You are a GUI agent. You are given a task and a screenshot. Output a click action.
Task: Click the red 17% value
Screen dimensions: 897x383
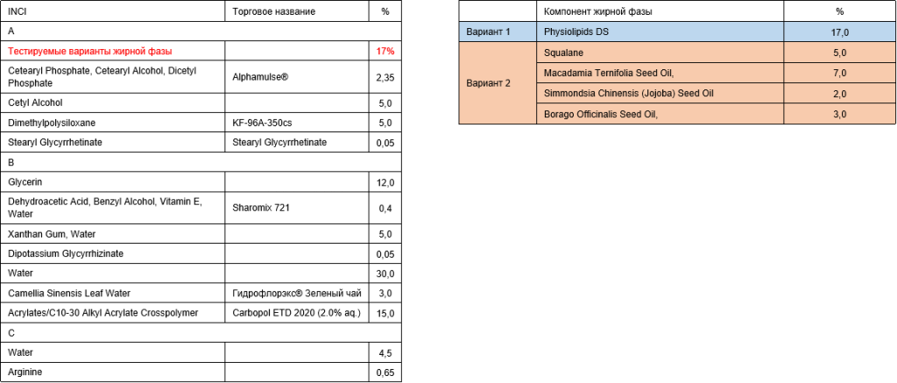click(385, 51)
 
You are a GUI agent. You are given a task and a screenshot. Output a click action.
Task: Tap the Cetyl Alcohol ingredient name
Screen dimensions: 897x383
click(35, 103)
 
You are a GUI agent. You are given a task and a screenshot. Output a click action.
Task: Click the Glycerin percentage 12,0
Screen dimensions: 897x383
click(385, 182)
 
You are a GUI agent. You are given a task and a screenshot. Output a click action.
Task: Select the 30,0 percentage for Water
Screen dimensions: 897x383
click(385, 273)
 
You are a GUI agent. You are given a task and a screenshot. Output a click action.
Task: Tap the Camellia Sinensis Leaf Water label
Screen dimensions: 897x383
click(69, 293)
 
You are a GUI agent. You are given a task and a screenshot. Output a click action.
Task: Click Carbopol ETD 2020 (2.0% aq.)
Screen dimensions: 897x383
click(297, 313)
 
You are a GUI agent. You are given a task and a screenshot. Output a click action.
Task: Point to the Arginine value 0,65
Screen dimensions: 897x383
click(385, 373)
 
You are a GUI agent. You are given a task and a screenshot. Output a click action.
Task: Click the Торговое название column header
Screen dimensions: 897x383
click(274, 11)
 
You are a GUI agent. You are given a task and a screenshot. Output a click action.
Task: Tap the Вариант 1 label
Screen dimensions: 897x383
click(488, 32)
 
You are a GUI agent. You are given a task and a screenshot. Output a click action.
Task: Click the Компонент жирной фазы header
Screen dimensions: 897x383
click(597, 11)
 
